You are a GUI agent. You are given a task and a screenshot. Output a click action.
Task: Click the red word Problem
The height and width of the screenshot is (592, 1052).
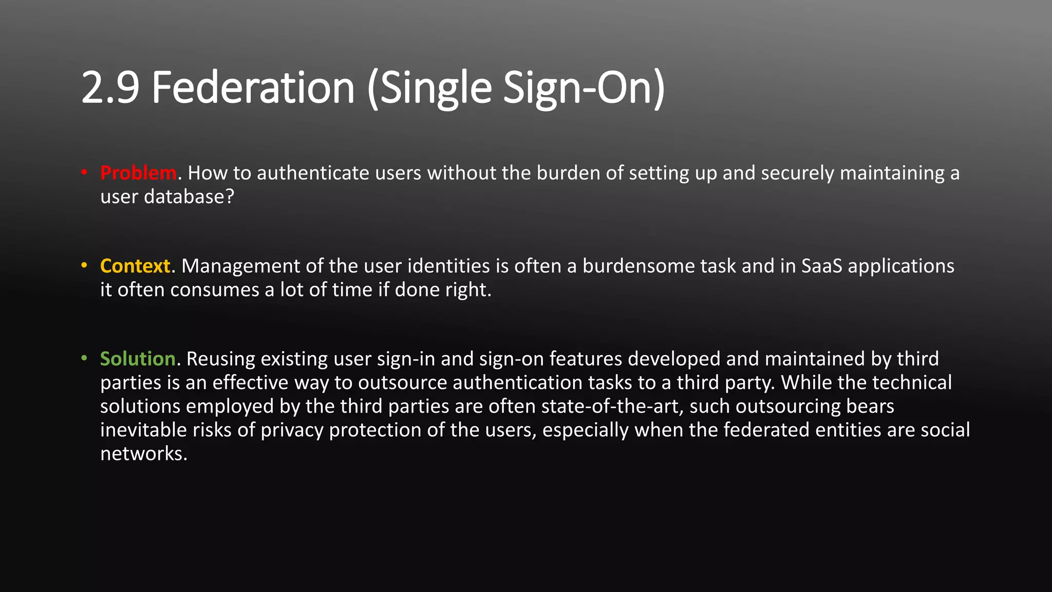tap(138, 173)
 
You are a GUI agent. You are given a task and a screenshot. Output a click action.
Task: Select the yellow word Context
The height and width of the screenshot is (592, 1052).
tap(135, 266)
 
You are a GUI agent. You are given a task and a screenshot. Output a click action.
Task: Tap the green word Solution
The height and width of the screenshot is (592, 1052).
tap(138, 359)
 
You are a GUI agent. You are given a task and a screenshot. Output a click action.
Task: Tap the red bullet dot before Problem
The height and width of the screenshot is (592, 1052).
tap(84, 173)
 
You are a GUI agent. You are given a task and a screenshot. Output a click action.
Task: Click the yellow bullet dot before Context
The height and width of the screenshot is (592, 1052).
tap(84, 266)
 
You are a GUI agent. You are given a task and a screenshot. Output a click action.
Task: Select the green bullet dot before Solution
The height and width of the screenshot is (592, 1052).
tap(84, 358)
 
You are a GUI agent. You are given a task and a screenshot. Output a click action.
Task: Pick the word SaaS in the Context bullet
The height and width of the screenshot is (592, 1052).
tap(821, 266)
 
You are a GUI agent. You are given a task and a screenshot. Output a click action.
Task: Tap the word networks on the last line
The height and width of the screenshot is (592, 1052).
tap(143, 454)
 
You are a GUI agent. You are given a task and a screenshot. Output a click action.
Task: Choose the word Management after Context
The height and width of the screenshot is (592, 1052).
tap(240, 266)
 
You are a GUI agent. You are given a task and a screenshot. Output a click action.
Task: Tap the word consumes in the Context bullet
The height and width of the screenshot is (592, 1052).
tap(215, 290)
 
